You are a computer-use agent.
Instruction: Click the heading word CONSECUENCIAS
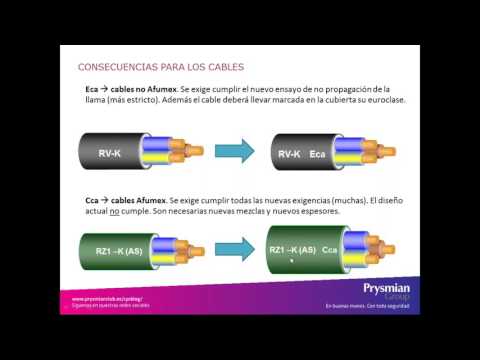pyautogui.click(x=115, y=67)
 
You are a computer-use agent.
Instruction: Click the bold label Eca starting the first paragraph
pyautogui.click(x=91, y=90)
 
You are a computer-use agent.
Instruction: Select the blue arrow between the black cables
pyautogui.click(x=236, y=152)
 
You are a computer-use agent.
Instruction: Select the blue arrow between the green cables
pyautogui.click(x=236, y=252)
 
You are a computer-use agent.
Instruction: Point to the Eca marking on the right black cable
pyautogui.click(x=319, y=154)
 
